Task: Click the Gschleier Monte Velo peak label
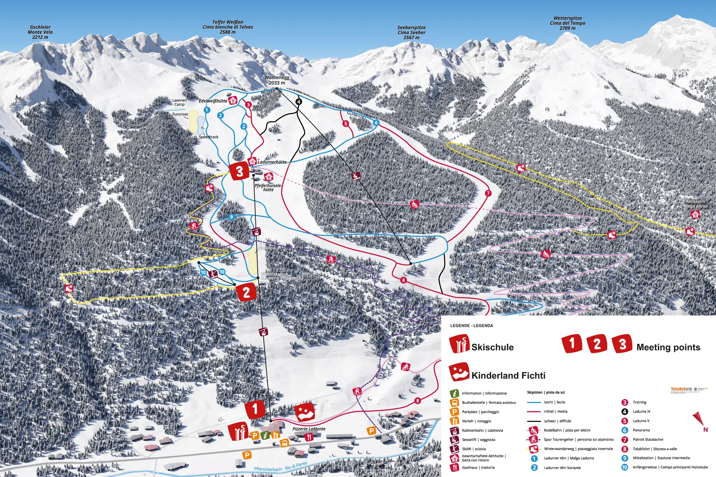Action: [x=40, y=32]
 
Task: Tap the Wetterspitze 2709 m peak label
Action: [x=567, y=23]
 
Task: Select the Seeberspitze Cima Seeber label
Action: [x=411, y=32]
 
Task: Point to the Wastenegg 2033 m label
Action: [x=277, y=80]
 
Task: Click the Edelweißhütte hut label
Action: [x=213, y=101]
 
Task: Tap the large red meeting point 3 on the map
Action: [x=239, y=171]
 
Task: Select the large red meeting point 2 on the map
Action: [x=246, y=292]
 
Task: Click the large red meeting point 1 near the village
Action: [x=255, y=409]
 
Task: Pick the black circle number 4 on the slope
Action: [x=298, y=101]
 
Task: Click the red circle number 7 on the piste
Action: [x=488, y=193]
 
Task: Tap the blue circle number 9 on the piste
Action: [x=231, y=217]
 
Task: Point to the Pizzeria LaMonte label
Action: [x=309, y=429]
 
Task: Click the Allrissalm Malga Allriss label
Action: [x=695, y=203]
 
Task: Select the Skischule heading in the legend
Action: [x=492, y=347]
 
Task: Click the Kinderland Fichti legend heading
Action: [x=508, y=376]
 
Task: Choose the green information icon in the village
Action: [x=265, y=435]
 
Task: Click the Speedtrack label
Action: [x=208, y=137]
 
